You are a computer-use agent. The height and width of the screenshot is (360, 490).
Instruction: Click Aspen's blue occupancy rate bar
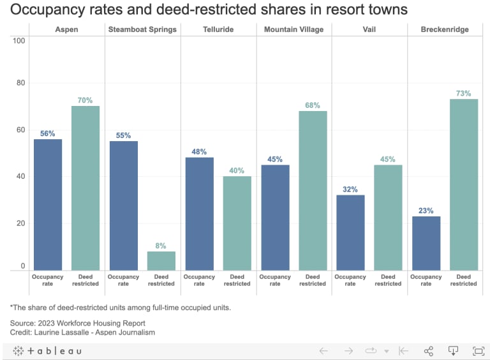coord(48,204)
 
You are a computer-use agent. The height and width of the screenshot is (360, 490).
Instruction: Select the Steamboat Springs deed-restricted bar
coord(161,260)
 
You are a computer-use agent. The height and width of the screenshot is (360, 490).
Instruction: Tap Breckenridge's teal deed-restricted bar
coord(464,184)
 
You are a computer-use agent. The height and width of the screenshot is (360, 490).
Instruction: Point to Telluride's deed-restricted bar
coord(237,223)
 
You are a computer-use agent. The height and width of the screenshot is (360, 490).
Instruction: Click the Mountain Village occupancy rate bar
coord(275,217)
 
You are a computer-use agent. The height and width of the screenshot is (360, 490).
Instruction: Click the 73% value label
coord(464,93)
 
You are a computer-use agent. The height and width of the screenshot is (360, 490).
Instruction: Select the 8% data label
coord(161,245)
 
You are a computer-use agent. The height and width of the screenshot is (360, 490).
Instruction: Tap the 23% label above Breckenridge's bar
coord(426,211)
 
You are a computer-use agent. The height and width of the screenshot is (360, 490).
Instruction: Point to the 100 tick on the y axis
coord(19,41)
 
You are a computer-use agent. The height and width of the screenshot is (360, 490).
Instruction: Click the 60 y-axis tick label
coord(20,130)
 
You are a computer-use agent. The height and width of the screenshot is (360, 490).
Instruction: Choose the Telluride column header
coord(218,29)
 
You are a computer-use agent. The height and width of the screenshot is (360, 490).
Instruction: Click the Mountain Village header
coord(293,29)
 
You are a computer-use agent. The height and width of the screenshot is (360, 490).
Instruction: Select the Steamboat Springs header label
coord(142,29)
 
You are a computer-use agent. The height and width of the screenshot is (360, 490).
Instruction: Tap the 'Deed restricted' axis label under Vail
coord(388,280)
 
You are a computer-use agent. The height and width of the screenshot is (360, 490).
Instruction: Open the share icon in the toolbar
coord(429,350)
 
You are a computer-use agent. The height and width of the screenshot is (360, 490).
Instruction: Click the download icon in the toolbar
coord(453,350)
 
